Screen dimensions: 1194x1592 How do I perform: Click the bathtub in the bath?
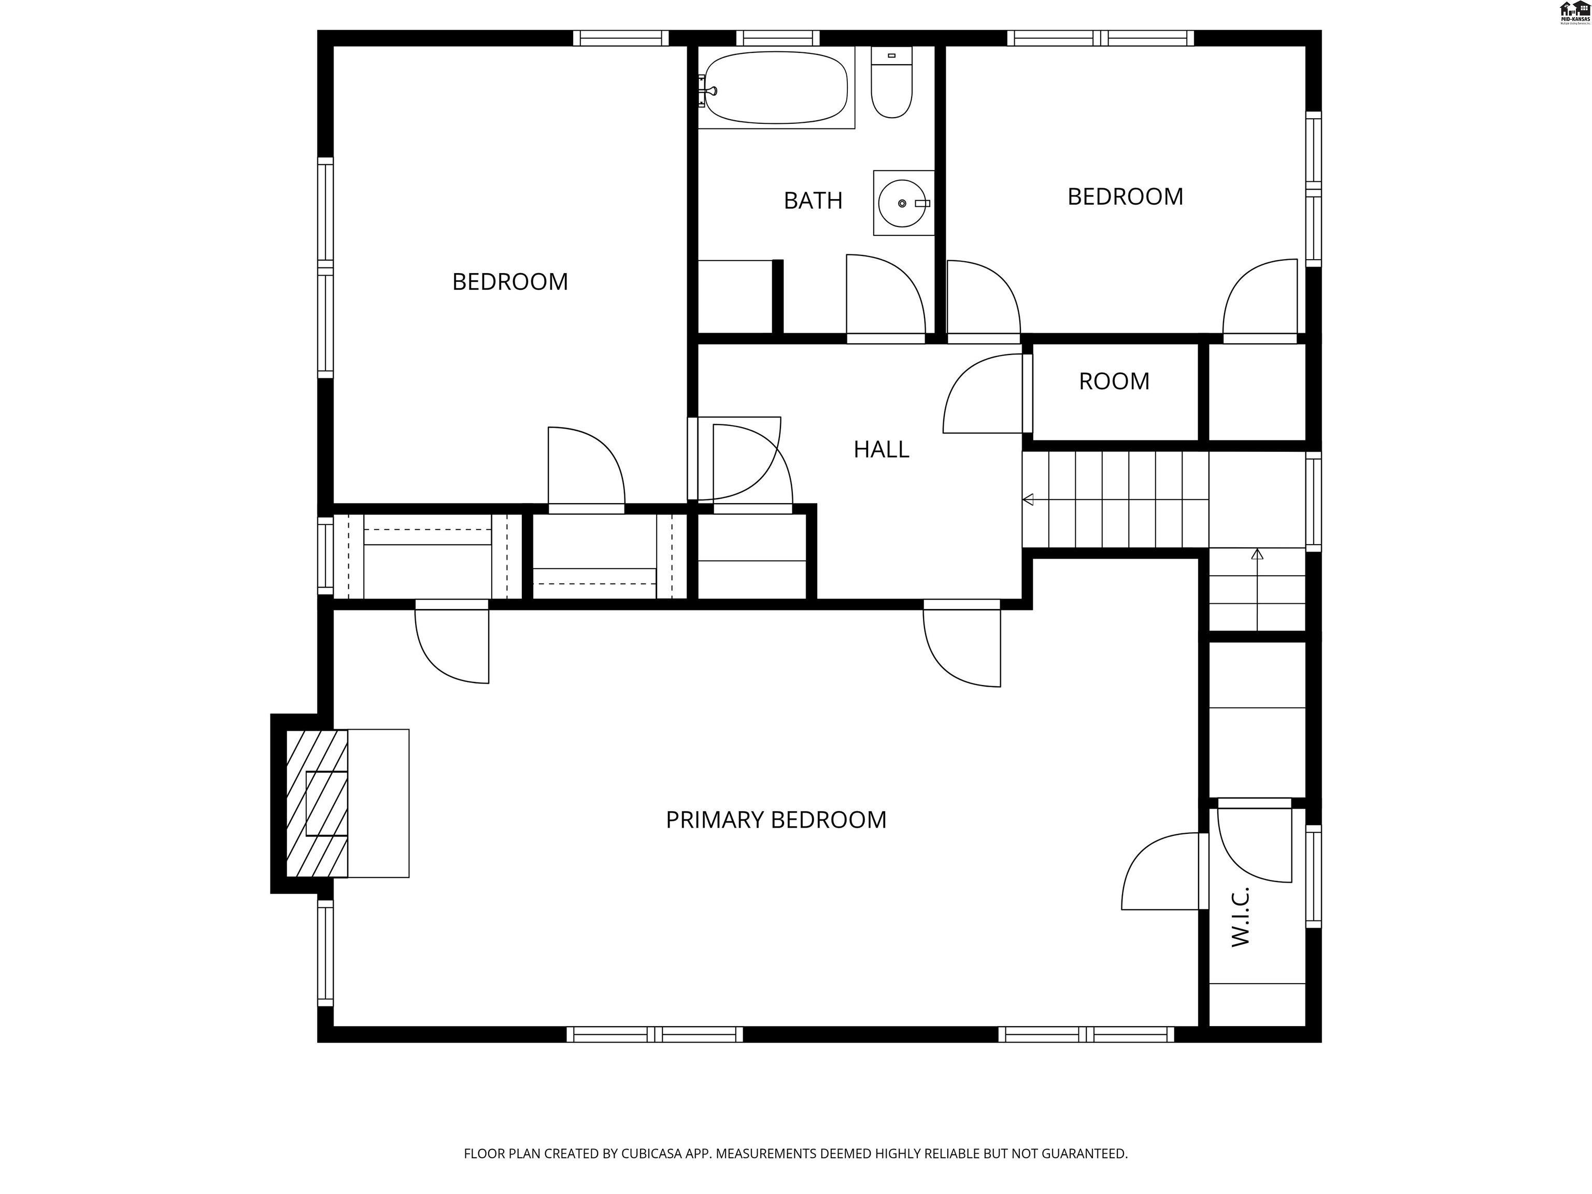[x=776, y=87]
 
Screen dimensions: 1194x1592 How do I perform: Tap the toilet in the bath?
[x=892, y=83]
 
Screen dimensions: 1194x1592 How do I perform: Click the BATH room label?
[x=813, y=201]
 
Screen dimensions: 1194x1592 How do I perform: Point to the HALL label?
[x=881, y=450]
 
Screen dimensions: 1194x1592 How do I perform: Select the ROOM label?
[x=1113, y=381]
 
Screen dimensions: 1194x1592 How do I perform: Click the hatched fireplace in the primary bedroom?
[x=317, y=803]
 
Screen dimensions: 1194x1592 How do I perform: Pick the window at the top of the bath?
[x=777, y=38]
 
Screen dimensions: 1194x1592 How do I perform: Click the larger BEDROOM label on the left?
[x=509, y=281]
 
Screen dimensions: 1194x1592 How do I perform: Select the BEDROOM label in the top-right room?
[x=1125, y=196]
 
